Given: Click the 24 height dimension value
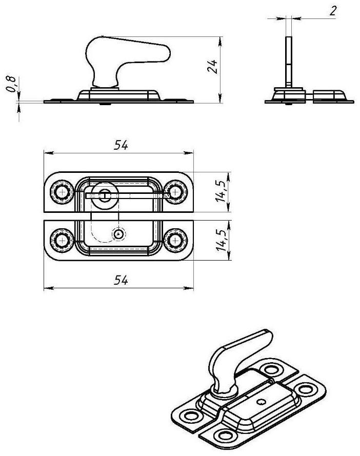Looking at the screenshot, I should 215,67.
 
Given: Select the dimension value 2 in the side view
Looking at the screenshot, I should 333,11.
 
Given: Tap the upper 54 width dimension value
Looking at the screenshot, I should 121,146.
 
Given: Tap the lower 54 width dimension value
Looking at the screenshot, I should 121,280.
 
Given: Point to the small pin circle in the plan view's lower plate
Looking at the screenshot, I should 119,234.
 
